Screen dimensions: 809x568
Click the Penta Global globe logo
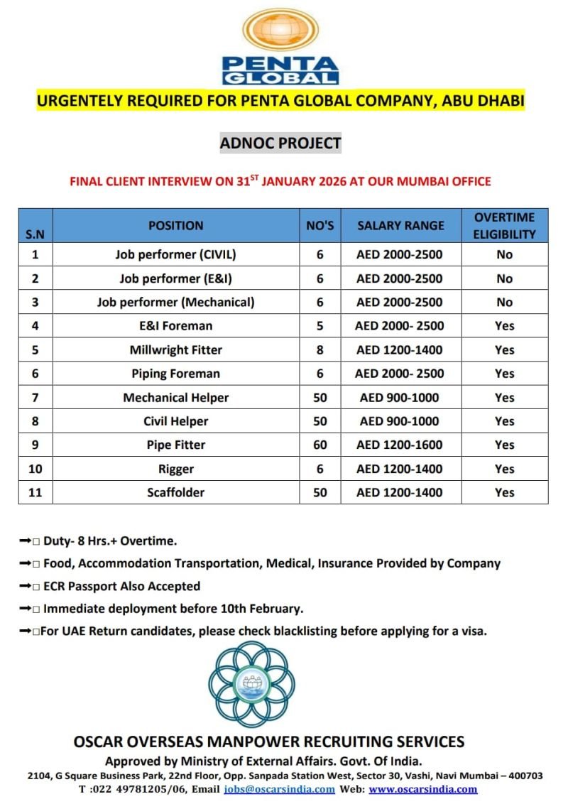(280, 31)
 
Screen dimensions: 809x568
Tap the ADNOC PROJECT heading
(280, 143)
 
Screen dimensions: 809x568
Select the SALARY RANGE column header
(400, 226)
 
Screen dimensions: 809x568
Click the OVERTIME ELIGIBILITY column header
(504, 226)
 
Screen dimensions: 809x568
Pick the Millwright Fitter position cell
(176, 349)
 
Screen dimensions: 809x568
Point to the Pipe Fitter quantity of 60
(320, 445)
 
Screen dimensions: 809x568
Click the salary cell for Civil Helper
(400, 421)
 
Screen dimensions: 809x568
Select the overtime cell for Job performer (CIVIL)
(504, 254)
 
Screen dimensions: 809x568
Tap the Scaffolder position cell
(176, 492)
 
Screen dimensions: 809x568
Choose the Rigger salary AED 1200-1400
(400, 469)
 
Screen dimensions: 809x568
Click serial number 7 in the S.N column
(35, 397)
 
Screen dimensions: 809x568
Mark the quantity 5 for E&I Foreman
(320, 326)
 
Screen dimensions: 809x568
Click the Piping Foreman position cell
(176, 374)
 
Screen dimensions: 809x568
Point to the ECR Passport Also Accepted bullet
(121, 586)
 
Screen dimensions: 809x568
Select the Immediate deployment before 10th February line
(173, 609)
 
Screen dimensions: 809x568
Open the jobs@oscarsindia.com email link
(279, 789)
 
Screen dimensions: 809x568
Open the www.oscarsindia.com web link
(423, 789)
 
